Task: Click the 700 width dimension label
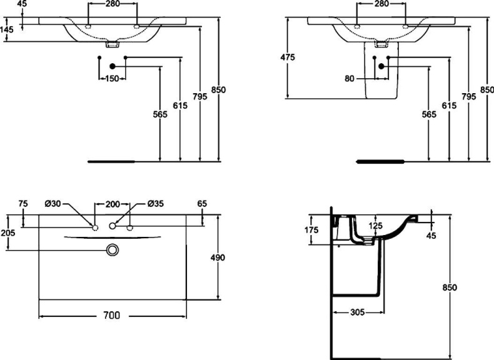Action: coord(111,316)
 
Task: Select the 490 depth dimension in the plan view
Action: coord(218,257)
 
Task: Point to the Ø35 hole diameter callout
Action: coord(156,204)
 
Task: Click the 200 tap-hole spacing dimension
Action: coord(112,204)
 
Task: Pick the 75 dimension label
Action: coord(23,204)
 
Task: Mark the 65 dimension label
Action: coord(201,204)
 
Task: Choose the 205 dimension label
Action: coord(8,232)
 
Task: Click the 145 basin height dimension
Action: coord(8,29)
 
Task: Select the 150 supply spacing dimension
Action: coord(112,78)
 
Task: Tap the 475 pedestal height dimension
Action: coord(287,57)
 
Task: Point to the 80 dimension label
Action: coord(349,78)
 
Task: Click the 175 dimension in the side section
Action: coord(312,229)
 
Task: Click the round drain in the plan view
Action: coord(113,249)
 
